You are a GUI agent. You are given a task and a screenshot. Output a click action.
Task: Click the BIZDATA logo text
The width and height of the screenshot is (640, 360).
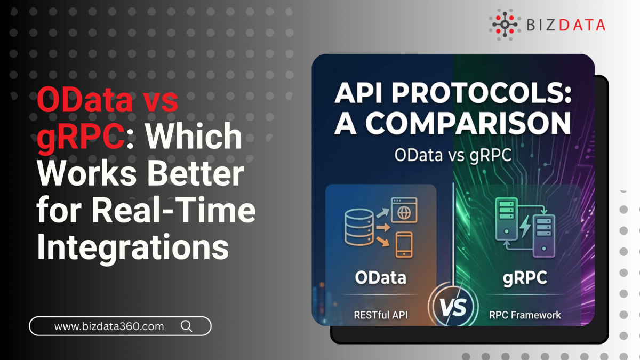(x=566, y=25)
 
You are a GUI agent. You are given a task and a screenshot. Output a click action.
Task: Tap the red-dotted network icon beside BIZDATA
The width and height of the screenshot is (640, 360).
(x=504, y=24)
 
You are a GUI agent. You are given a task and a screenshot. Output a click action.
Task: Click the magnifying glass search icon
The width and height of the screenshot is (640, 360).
(x=187, y=326)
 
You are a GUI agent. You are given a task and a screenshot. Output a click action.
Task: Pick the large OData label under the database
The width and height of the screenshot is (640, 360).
(x=380, y=277)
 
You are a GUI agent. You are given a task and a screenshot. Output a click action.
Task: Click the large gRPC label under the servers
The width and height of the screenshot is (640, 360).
(x=525, y=277)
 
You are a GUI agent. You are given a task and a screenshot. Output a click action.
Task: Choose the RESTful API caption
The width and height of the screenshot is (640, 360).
(x=380, y=314)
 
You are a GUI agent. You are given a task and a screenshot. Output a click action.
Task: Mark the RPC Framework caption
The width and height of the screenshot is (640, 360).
(x=525, y=314)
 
